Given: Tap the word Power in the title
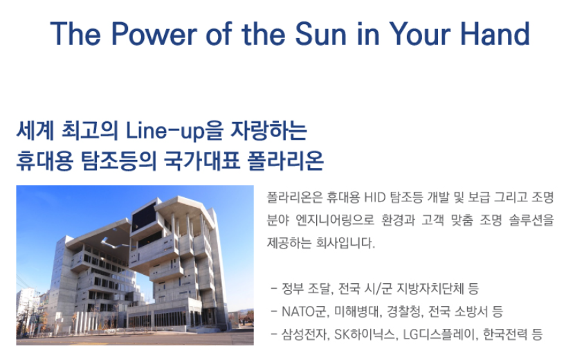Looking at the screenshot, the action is tap(154, 34).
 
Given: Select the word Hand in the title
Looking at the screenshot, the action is tap(495, 34).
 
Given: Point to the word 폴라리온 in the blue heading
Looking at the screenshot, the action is tap(285, 161).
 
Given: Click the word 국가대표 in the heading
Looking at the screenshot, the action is tap(202, 161).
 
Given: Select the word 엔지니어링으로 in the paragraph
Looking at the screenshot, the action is tap(335, 220).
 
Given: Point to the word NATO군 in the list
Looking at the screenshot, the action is tap(305, 312).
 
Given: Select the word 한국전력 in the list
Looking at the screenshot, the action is tap(505, 334).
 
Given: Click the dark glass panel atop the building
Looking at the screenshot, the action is tap(144, 216).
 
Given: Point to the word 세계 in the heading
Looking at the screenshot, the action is tap(35, 131).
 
